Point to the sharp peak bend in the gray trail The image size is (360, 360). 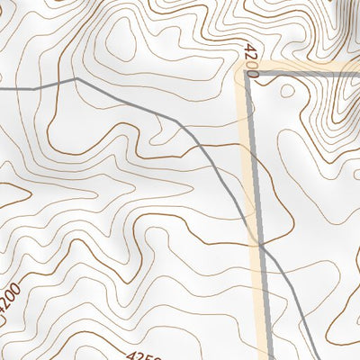tap(76, 79)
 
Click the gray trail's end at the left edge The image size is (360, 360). tap(2, 89)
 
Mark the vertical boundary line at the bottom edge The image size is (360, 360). tap(268, 357)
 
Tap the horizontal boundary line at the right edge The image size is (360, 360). tap(357, 75)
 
